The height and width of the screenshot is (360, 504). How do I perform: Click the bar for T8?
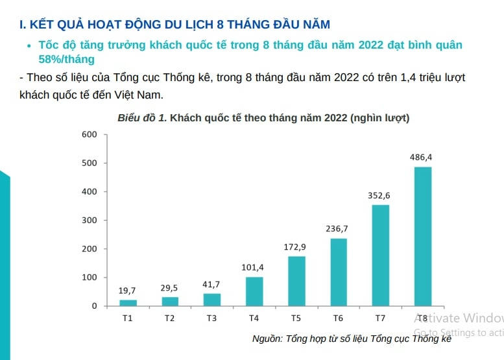422,236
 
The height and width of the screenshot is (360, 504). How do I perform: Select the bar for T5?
296,281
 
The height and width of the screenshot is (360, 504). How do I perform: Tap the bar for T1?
128,302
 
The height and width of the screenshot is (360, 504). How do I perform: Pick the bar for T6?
339,272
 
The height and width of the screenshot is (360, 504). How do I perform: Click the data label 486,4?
422,157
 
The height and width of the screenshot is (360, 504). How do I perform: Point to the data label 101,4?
254,267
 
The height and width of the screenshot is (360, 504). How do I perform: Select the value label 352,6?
380,195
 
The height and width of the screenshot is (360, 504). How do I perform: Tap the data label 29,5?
170,288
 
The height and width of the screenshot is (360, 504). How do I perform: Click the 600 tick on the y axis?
90,134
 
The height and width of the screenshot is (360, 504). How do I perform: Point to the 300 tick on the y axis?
90,220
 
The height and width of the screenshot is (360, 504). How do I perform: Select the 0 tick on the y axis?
93,306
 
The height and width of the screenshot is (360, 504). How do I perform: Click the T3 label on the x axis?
211,318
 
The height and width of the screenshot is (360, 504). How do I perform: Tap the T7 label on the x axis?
380,318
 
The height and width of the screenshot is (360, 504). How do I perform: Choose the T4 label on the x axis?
254,318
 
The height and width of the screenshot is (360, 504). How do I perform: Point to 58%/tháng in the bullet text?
66,59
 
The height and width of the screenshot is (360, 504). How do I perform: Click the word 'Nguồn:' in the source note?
267,339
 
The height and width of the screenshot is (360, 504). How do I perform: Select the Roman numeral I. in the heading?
23,25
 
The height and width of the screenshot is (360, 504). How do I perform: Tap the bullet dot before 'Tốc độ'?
29,46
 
